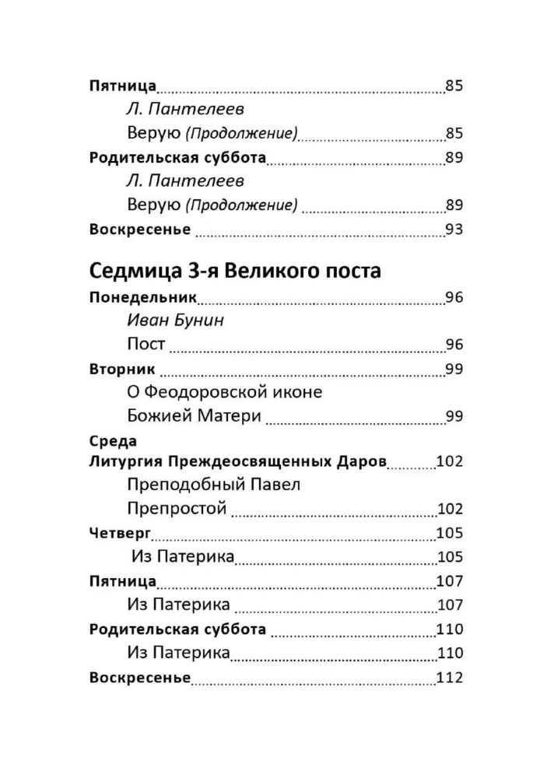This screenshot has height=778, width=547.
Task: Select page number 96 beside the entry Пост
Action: (454, 344)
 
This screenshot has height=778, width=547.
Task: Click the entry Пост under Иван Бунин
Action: (146, 344)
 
